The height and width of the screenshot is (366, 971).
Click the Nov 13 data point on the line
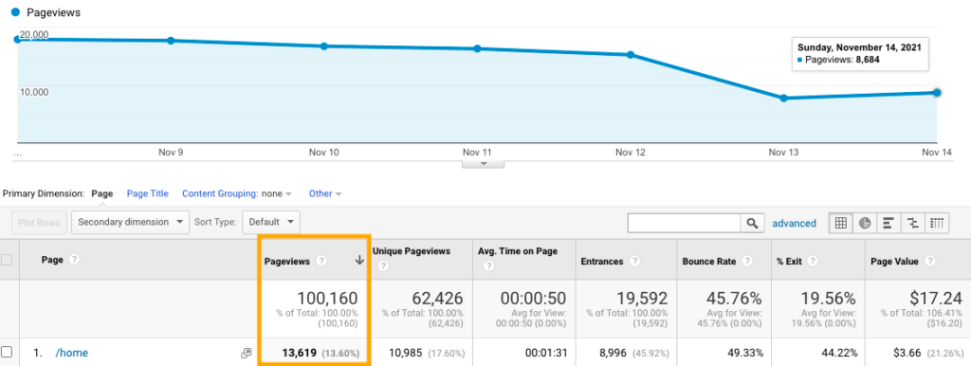pyautogui.click(x=783, y=98)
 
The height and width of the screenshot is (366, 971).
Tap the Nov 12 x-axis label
pyautogui.click(x=630, y=152)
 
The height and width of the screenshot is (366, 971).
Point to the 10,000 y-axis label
pyautogui.click(x=34, y=91)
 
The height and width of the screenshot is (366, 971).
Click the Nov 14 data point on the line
pyautogui.click(x=937, y=92)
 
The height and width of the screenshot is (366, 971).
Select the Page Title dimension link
pyautogui.click(x=147, y=193)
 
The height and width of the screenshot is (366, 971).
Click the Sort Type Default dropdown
pyautogui.click(x=271, y=223)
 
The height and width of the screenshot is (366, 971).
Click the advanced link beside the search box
pyautogui.click(x=794, y=223)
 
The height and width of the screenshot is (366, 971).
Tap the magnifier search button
pyautogui.click(x=752, y=223)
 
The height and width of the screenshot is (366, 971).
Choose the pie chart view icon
pyautogui.click(x=865, y=223)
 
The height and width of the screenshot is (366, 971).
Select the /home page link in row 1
pyautogui.click(x=71, y=353)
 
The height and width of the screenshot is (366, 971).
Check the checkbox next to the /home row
pyautogui.click(x=7, y=353)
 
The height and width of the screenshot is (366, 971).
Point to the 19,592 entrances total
pyautogui.click(x=629, y=300)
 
